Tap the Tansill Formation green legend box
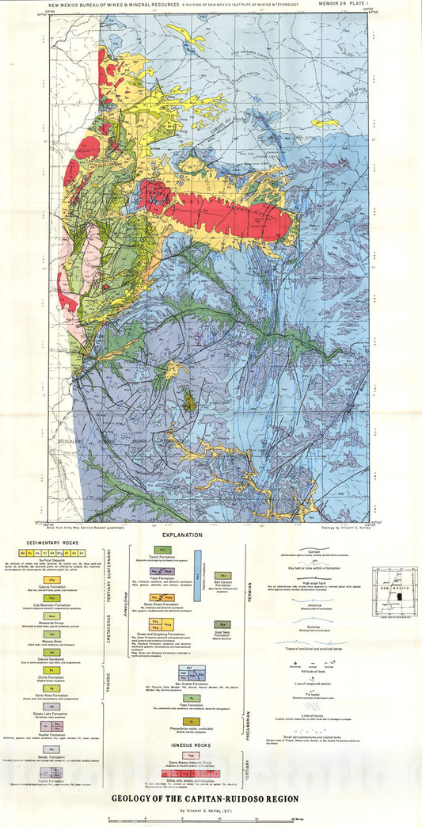[162, 548]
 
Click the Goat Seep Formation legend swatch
[224, 624]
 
